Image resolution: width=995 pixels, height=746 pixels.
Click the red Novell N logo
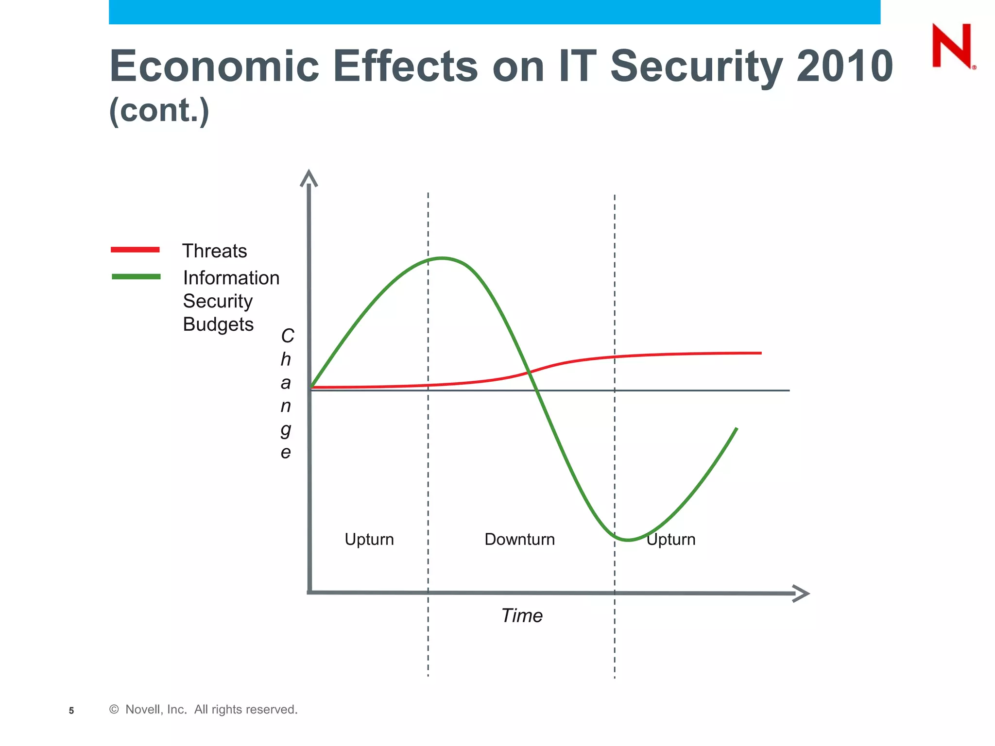coord(952,46)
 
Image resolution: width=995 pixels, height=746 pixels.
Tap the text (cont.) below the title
coord(159,111)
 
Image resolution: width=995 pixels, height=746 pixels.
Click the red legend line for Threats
coord(135,250)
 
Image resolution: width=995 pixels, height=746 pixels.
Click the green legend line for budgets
coord(136,276)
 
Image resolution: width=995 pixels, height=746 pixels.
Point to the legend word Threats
coord(214,251)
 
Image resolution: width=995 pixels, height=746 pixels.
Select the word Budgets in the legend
coord(218,324)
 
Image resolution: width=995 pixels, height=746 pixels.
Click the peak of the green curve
coord(442,258)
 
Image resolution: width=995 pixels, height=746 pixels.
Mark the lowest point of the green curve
coord(628,540)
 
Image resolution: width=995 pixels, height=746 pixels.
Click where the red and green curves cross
coord(530,372)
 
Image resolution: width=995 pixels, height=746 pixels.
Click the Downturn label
coord(519,539)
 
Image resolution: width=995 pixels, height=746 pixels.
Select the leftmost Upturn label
coord(369,539)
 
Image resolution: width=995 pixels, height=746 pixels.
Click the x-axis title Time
coord(522,615)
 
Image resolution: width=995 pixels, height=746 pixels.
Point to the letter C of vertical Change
coord(288,336)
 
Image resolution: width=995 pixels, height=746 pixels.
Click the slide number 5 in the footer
coord(71,711)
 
